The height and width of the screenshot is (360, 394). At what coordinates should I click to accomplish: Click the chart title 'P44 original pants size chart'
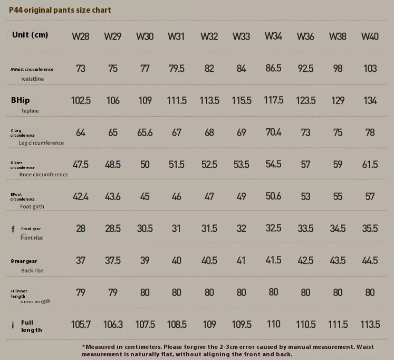(60, 10)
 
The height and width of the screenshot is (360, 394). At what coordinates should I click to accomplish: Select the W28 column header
(81, 36)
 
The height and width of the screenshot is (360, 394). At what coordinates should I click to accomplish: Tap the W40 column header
(370, 36)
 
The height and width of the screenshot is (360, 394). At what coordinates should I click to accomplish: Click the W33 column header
(241, 36)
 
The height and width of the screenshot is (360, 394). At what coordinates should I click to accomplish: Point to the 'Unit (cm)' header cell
(30, 35)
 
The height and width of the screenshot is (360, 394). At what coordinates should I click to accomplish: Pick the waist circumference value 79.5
(176, 69)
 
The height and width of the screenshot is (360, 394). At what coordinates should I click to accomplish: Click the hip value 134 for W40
(370, 100)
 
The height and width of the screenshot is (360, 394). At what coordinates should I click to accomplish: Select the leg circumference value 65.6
(145, 132)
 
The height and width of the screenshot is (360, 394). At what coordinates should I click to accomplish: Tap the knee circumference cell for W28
(81, 165)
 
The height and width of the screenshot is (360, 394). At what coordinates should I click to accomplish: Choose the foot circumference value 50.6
(273, 196)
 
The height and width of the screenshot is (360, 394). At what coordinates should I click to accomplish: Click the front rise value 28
(81, 229)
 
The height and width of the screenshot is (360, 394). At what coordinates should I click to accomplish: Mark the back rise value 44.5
(370, 260)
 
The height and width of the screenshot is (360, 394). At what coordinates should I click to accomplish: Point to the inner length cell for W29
(113, 292)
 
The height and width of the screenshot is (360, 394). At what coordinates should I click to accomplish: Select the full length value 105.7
(81, 324)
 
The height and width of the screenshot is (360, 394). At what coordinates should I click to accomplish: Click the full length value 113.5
(370, 324)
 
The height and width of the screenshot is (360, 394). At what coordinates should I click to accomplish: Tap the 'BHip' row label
(21, 100)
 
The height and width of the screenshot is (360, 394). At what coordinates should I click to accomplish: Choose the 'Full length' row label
(32, 326)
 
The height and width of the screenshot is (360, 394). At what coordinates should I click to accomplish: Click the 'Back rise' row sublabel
(32, 271)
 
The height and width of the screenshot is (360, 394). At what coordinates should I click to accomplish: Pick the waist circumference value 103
(370, 69)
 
